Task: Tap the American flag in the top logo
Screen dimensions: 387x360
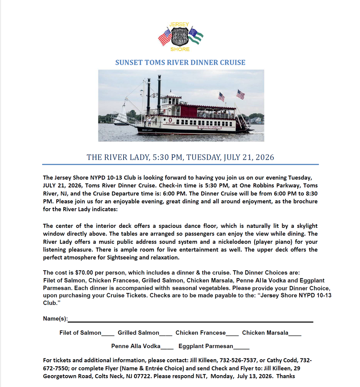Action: [165, 36]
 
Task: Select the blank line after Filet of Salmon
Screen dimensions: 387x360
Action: [108, 333]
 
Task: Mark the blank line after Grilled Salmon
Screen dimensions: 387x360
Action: [166, 333]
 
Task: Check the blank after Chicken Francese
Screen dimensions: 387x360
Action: [232, 333]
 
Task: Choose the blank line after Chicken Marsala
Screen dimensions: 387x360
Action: [295, 333]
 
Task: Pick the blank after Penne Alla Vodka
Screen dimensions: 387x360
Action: [167, 347]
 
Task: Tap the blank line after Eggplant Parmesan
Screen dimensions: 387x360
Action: [241, 347]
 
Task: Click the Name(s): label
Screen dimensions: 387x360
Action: [55, 319]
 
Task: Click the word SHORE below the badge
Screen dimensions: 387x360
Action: [180, 49]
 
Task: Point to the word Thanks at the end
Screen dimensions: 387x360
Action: [286, 377]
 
